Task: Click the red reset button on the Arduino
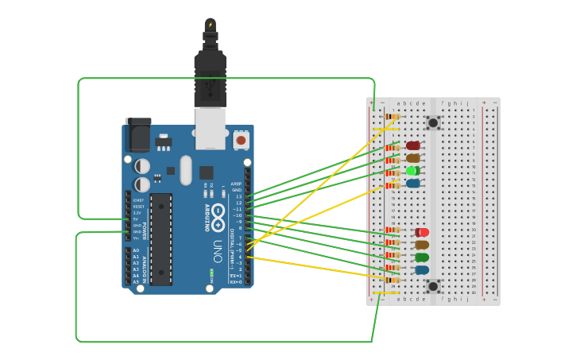[241, 141]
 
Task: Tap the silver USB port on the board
[211, 128]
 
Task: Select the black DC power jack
[137, 135]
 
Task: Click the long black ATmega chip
[160, 238]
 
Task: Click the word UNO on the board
[217, 253]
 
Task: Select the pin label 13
[238, 196]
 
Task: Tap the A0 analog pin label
[135, 250]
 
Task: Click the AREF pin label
[236, 184]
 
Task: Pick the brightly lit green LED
[413, 171]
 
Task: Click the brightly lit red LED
[422, 232]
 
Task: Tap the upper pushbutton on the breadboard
[433, 122]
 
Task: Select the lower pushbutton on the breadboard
[433, 286]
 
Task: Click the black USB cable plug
[210, 75]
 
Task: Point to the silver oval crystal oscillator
[186, 169]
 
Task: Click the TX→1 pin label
[235, 276]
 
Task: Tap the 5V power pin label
[136, 219]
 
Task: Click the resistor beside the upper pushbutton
[392, 117]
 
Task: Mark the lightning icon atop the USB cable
[211, 25]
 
